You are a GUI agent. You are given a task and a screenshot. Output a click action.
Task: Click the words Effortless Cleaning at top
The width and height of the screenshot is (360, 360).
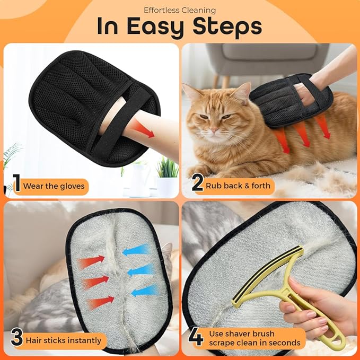180,9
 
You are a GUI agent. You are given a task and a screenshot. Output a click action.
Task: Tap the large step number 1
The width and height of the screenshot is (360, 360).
16,185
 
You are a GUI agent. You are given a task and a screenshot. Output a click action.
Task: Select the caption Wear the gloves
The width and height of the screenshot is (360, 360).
54,186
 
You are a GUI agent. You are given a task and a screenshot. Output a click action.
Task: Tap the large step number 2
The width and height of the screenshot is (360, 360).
197,185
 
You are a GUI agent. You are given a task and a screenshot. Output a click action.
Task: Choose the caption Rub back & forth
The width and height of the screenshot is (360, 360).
239,186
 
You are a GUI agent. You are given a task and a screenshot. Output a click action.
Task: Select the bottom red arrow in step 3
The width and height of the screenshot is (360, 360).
100,302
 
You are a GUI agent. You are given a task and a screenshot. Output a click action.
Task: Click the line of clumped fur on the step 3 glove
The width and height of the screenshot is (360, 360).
118,276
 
